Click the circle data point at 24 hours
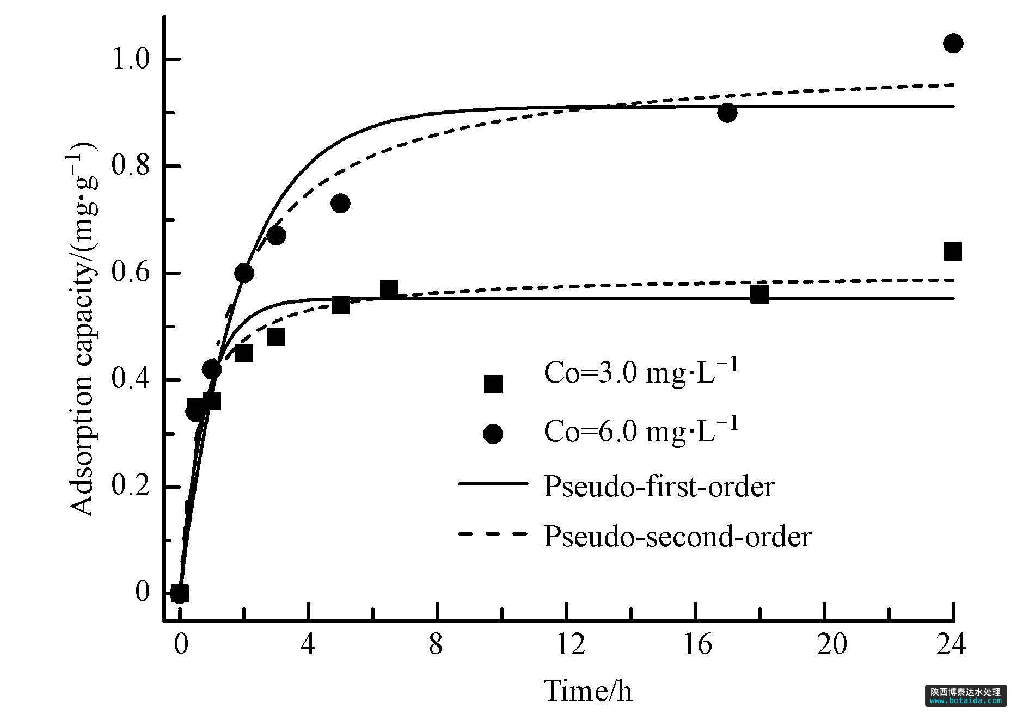pyautogui.click(x=953, y=43)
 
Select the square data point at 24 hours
pyautogui.click(x=953, y=251)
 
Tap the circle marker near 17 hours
pyautogui.click(x=727, y=113)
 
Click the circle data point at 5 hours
pyautogui.click(x=340, y=204)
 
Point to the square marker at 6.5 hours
pyautogui.click(x=389, y=289)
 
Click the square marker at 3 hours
pyautogui.click(x=276, y=337)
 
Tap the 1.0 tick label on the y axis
pyautogui.click(x=131, y=59)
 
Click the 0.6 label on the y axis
pyautogui.click(x=131, y=273)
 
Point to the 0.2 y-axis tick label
pyautogui.click(x=131, y=487)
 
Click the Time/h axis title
pyautogui.click(x=588, y=691)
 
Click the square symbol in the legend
pyautogui.click(x=493, y=384)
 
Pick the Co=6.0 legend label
pyautogui.click(x=641, y=432)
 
